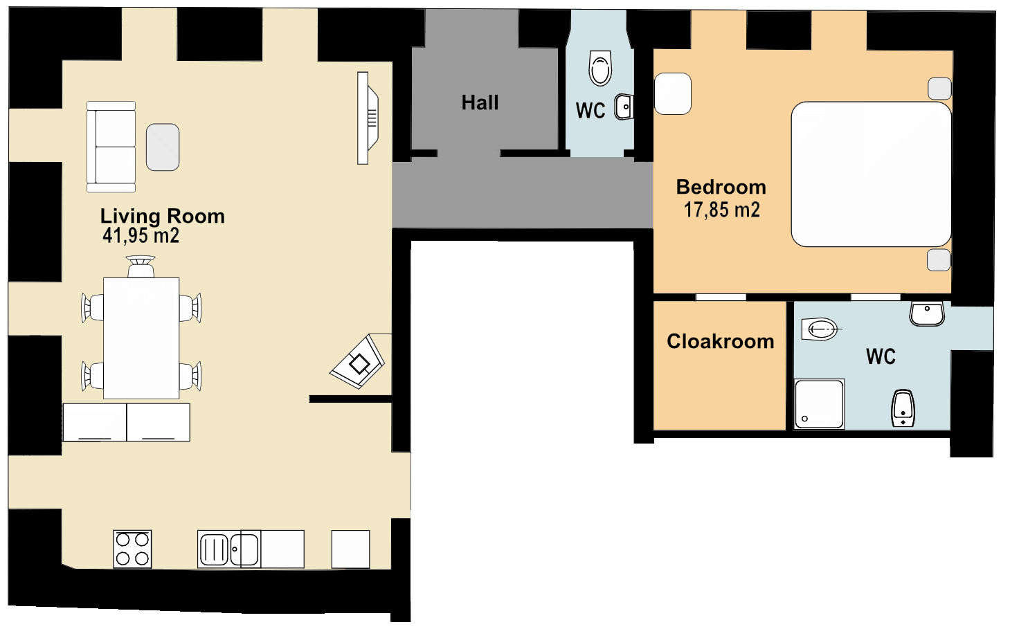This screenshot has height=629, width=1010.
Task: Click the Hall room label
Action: (480, 102)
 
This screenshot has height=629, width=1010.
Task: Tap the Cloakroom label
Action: (721, 342)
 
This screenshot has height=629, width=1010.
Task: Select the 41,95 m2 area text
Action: (141, 235)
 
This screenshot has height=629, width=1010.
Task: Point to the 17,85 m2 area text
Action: (722, 210)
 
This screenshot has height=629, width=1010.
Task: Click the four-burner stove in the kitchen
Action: (132, 549)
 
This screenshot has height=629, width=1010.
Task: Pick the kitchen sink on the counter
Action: (228, 549)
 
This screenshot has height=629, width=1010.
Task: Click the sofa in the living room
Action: (111, 147)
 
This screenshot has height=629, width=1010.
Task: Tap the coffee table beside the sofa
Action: (163, 147)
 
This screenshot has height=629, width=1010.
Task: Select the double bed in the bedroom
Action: (871, 174)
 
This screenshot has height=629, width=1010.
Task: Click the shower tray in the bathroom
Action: (819, 404)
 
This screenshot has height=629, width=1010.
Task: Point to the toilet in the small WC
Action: (600, 68)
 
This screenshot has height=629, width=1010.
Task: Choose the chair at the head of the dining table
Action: (141, 266)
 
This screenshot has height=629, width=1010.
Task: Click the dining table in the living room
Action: (141, 338)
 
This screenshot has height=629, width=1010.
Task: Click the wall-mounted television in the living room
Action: (368, 118)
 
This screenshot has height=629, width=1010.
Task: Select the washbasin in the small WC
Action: (624, 107)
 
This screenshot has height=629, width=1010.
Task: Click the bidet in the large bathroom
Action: (903, 408)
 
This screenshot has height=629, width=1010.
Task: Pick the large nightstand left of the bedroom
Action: (673, 93)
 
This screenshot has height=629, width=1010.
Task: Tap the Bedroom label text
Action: (721, 187)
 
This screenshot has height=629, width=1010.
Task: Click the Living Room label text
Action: (162, 217)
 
